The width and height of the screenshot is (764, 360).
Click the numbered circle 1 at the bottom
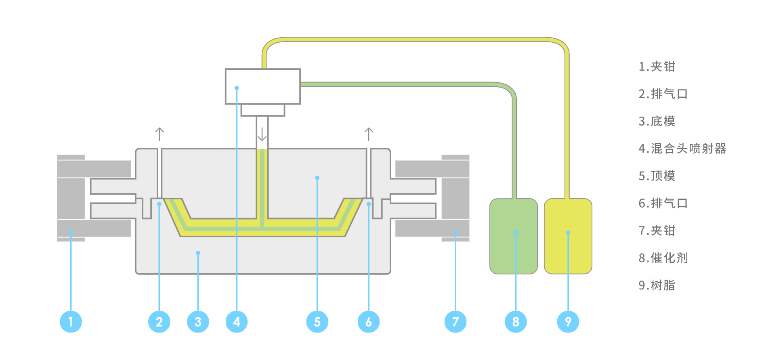[71, 322]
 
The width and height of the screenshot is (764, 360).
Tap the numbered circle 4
[237, 322]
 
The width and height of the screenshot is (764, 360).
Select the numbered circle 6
[368, 322]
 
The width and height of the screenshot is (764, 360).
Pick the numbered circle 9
[568, 322]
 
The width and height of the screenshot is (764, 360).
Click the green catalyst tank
[514, 236]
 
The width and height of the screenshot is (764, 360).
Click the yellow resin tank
[568, 236]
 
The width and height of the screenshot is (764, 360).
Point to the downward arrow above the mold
[262, 134]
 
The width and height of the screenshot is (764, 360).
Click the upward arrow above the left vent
[160, 134]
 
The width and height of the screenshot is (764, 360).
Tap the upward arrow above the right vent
[369, 134]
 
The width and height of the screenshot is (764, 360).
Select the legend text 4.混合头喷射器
[682, 149]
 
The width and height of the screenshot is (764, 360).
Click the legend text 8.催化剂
[663, 258]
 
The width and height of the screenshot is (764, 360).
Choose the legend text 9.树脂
[657, 285]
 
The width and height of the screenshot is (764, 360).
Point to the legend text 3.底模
[657, 121]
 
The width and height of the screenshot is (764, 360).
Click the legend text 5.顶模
[657, 176]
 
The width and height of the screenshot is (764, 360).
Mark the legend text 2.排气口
[663, 94]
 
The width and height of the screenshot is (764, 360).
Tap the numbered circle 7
[455, 322]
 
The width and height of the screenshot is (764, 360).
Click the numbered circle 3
[198, 322]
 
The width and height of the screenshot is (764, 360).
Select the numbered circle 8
[516, 322]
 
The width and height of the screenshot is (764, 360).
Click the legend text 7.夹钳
[657, 230]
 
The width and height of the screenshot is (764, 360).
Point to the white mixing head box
[263, 86]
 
